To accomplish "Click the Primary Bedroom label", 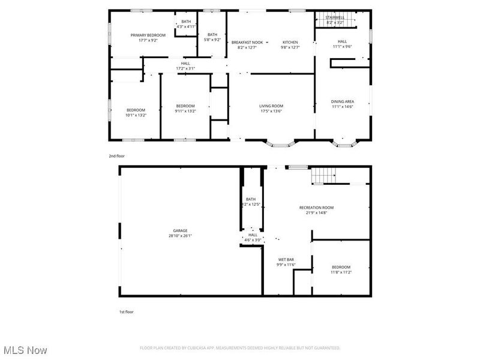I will (148, 35).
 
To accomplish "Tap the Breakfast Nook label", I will (247, 42).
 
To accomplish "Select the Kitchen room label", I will (290, 42).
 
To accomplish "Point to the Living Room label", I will (271, 106).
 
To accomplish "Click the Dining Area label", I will (342, 101).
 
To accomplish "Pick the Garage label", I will (181, 230).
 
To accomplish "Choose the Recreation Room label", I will (316, 208).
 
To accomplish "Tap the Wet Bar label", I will (285, 260).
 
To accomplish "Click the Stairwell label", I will (335, 17).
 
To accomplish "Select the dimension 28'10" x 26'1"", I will (181, 236).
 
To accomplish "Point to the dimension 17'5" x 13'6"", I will (271, 111).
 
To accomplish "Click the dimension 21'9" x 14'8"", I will (316, 213).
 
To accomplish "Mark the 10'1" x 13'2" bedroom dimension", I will (136, 115).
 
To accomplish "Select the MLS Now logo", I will (25, 350).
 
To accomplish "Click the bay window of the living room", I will (281, 144).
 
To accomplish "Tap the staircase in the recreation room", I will (325, 176).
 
